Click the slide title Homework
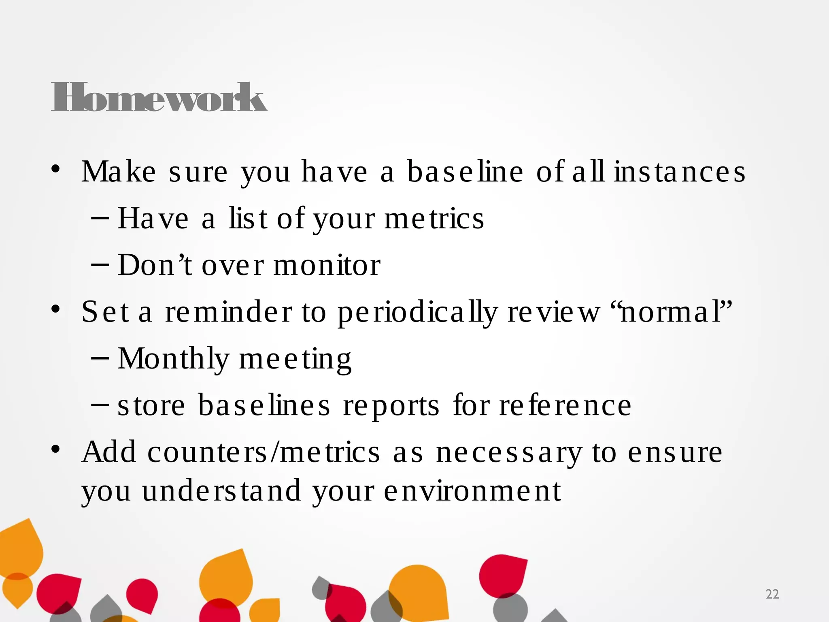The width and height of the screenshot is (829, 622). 159,97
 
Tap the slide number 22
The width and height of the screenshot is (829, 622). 772,594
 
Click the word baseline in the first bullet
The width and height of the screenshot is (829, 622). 465,172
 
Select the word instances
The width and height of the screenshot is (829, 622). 680,172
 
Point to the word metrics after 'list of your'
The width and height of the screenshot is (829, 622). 434,219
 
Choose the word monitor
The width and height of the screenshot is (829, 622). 327,265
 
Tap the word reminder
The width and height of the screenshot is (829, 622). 229,312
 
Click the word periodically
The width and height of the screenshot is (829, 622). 417,312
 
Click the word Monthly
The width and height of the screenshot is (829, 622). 173,359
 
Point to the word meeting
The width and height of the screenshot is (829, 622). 295,359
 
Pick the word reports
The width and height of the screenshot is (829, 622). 391,406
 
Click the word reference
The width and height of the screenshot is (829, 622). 565,406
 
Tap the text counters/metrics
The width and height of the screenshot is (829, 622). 264,452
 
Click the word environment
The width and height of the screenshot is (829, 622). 472,491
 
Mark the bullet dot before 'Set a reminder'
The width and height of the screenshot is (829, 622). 56,310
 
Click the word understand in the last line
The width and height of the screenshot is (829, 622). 221,491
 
